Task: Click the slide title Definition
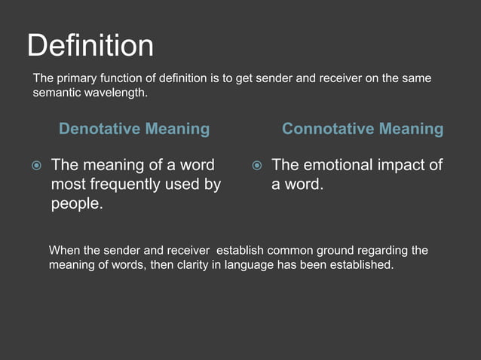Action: [90, 47]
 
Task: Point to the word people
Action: [76, 204]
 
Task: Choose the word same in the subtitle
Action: [417, 79]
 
